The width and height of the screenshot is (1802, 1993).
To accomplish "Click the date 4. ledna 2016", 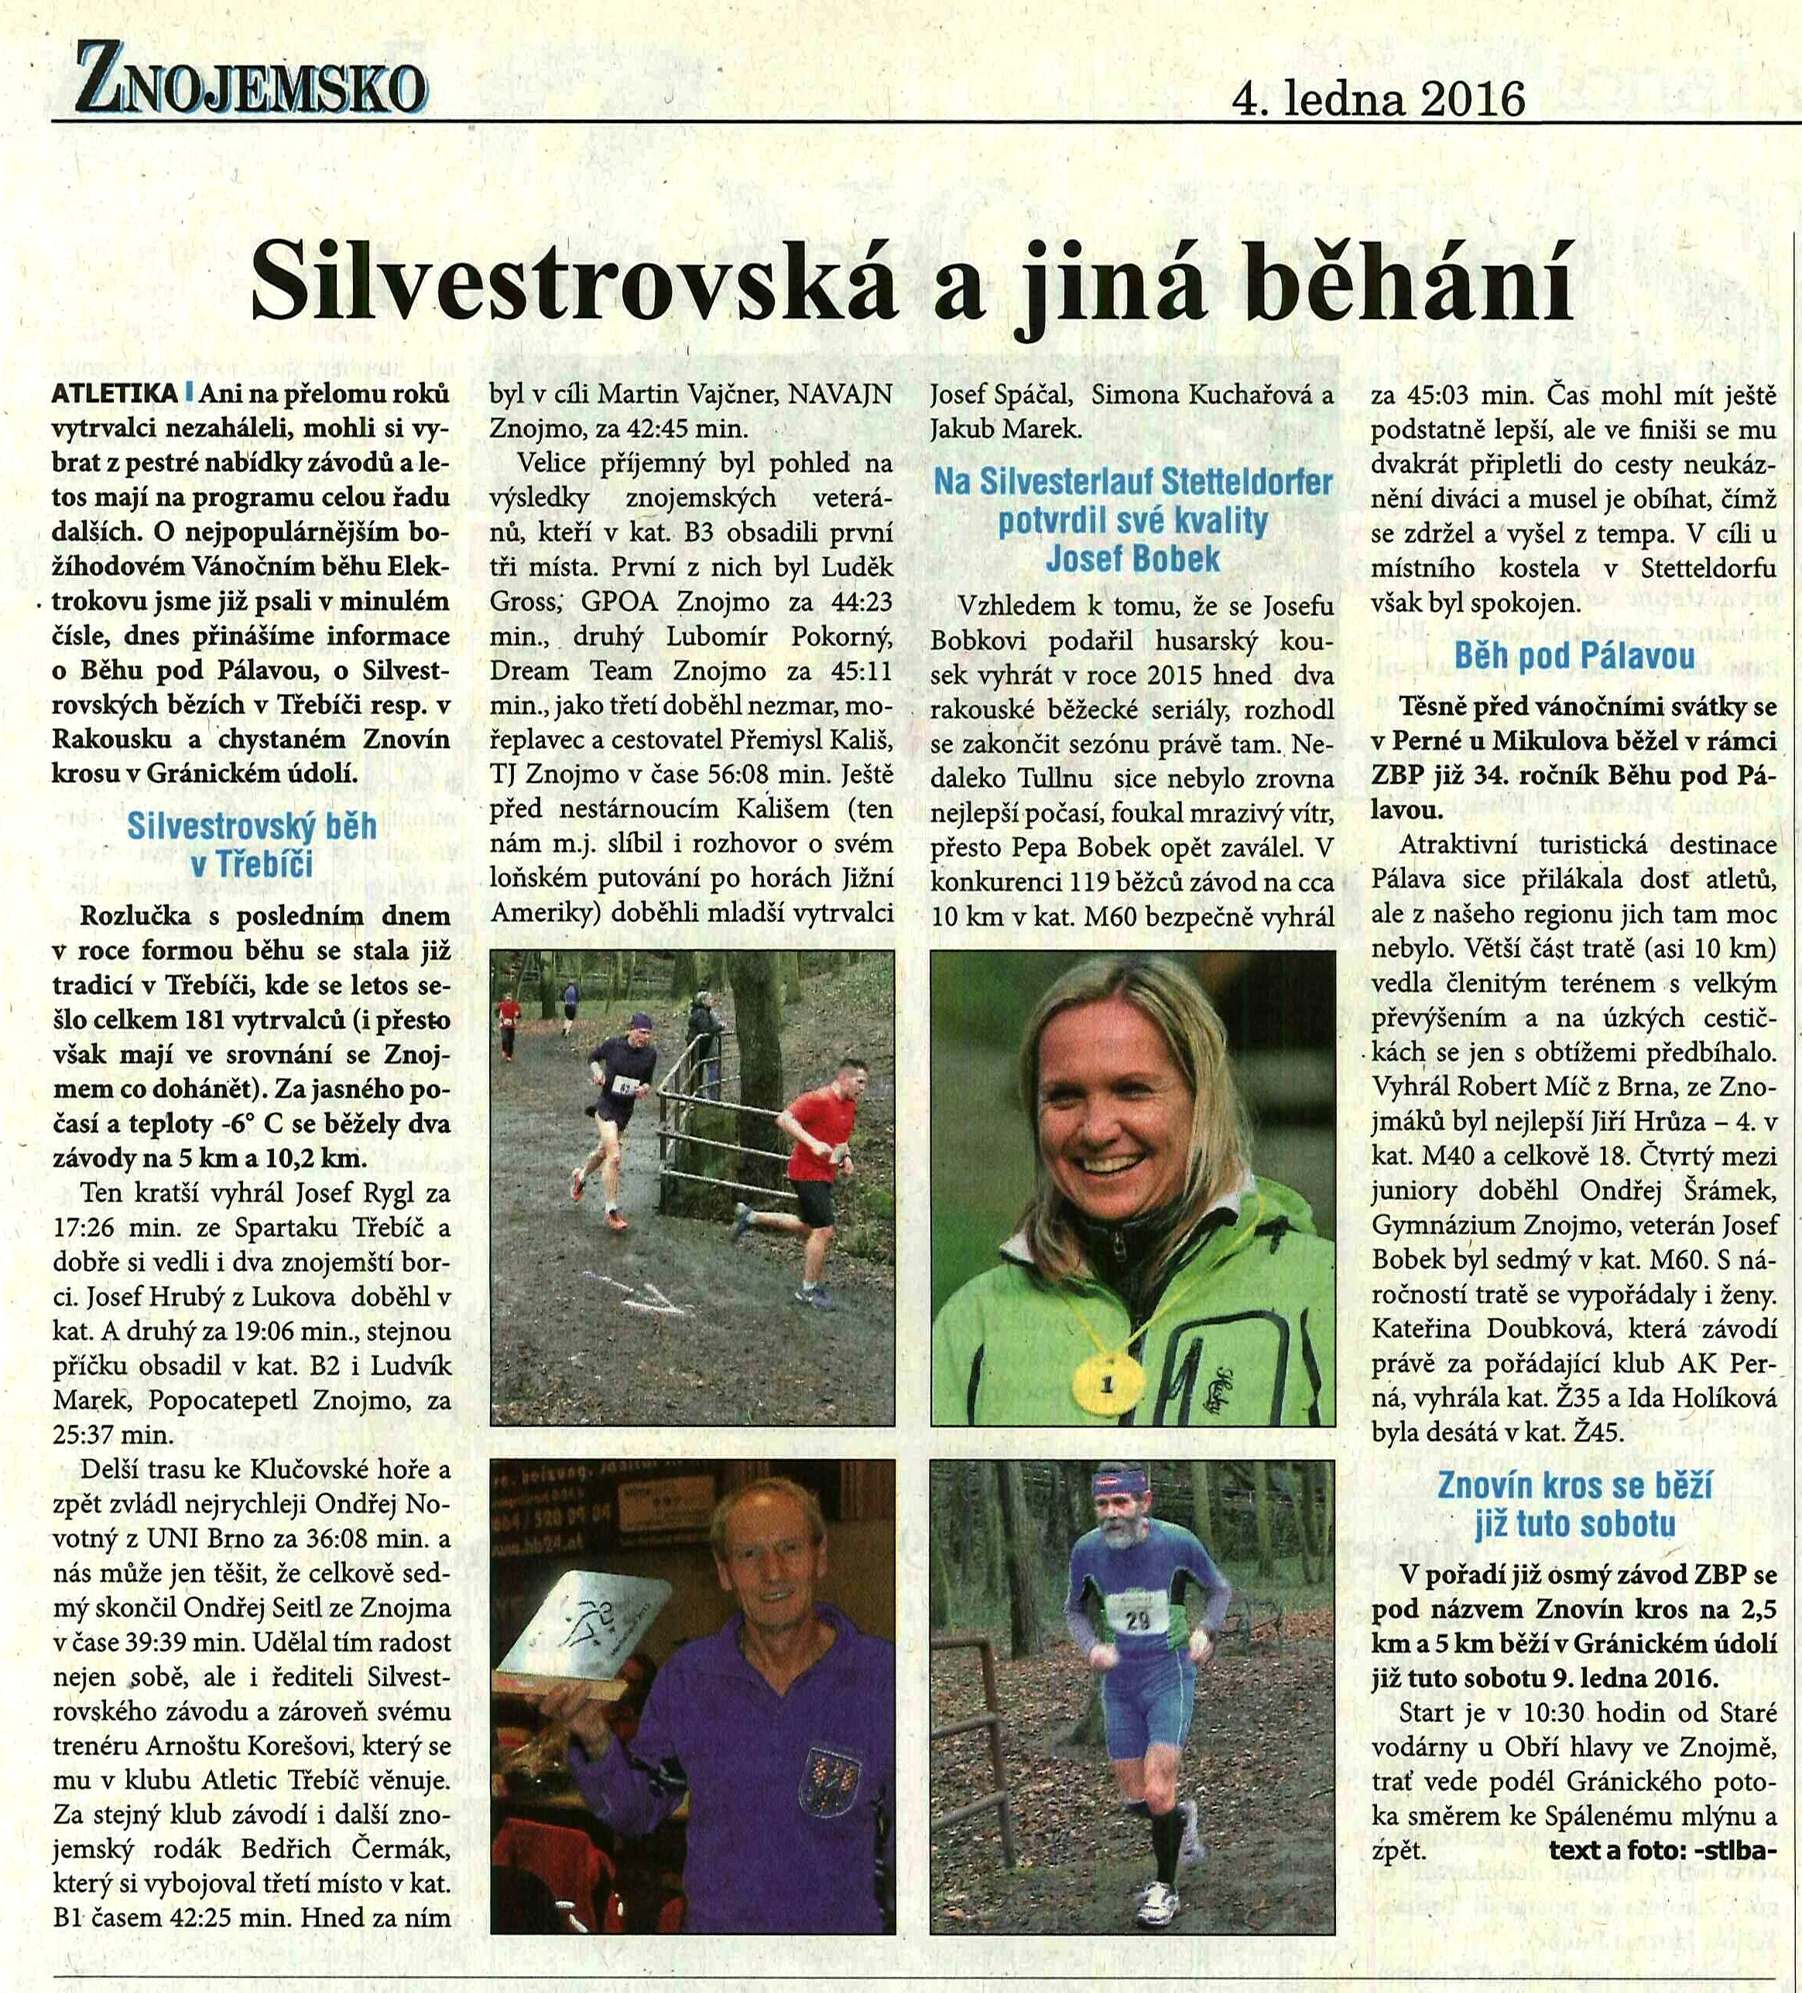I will click(x=1378, y=100).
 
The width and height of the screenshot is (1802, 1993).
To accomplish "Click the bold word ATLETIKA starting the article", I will click(x=115, y=394).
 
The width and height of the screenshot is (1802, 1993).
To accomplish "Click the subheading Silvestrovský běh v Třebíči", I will click(x=252, y=844).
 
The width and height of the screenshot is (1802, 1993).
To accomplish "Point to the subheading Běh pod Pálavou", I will click(x=1574, y=655).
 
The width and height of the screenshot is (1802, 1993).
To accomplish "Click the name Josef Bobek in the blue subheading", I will click(x=1132, y=559).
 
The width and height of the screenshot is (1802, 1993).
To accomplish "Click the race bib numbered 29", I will click(x=1137, y=1619).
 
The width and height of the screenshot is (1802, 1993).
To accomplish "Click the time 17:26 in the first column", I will click(x=84, y=1227).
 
